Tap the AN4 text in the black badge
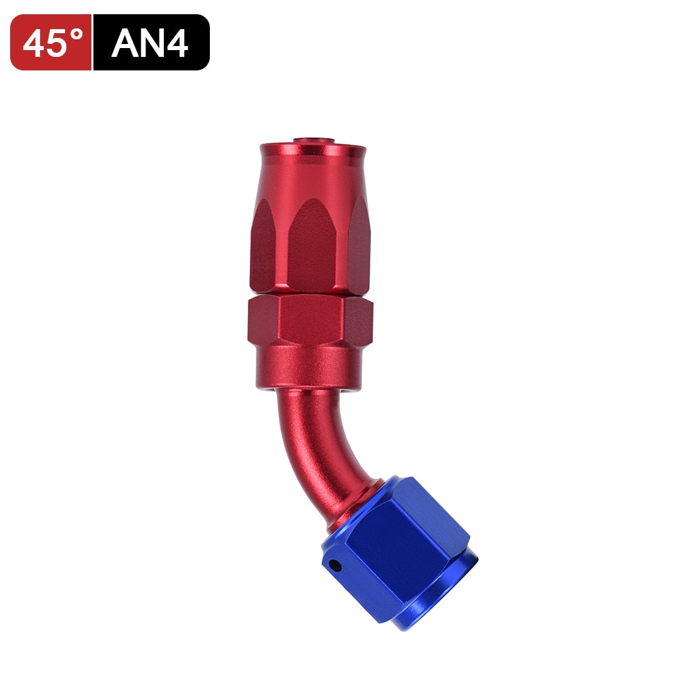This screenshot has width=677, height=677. (150, 43)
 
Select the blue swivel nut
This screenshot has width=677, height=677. (399, 548)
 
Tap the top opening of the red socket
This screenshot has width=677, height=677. (312, 141)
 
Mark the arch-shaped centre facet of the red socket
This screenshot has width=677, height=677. (311, 244)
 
